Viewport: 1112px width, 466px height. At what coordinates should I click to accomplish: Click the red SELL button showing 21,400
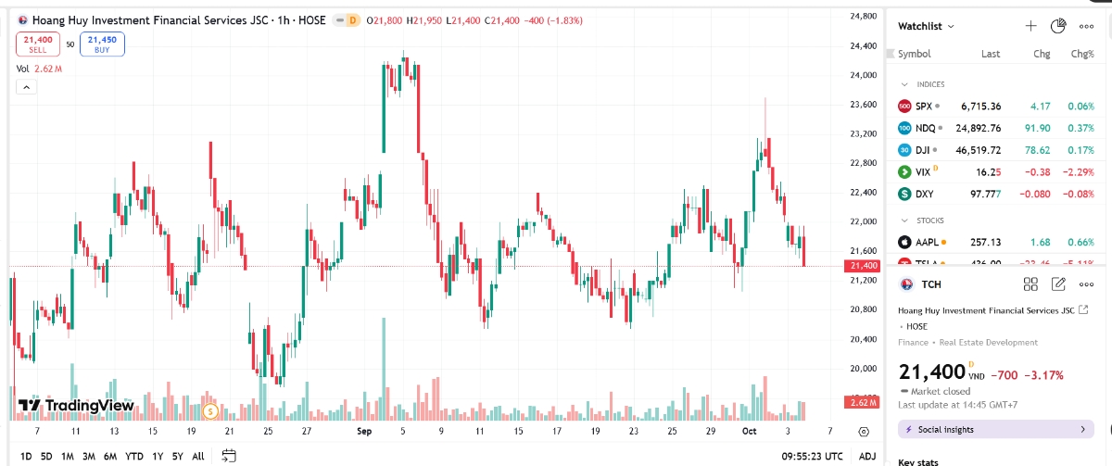38,44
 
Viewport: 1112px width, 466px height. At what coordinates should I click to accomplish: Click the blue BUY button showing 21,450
102,44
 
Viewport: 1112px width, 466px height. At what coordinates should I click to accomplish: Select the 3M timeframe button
89,456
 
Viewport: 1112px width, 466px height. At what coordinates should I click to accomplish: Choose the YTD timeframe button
134,456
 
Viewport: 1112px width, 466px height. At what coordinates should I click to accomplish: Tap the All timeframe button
198,456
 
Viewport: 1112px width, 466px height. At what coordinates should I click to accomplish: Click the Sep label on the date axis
363,431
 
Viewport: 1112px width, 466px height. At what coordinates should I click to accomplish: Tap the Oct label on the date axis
748,431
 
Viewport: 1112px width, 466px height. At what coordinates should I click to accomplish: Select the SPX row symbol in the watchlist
923,106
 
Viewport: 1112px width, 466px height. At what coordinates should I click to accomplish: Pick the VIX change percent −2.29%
1077,171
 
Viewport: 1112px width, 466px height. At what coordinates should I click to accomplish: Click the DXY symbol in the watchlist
924,194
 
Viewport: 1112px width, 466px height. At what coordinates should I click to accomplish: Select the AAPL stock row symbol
928,242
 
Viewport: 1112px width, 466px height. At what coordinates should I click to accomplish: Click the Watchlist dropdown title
926,26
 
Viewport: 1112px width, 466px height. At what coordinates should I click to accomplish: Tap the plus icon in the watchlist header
1030,26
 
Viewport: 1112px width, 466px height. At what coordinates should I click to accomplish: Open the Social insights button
995,429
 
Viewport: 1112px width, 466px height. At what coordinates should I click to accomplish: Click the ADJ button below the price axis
866,456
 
